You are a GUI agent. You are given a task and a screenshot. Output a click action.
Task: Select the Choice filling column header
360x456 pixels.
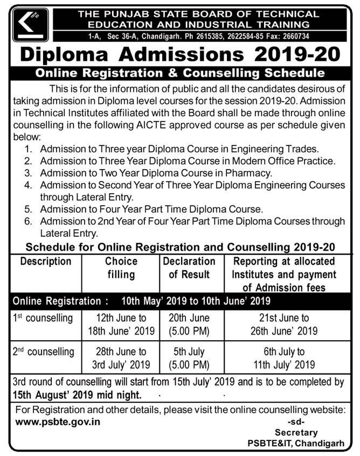(x=121, y=268)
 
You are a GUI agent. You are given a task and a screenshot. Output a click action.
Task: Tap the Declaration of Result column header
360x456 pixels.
(x=189, y=268)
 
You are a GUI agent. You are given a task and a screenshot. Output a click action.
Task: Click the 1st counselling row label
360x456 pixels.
(x=43, y=318)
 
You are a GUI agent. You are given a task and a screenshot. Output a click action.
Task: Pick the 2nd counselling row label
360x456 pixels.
(x=44, y=352)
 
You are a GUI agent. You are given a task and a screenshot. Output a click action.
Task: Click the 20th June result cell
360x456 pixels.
(x=189, y=324)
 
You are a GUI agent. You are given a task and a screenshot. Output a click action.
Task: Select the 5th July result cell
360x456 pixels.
(x=189, y=358)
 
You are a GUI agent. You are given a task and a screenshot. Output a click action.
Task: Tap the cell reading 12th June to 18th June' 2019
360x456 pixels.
(x=121, y=324)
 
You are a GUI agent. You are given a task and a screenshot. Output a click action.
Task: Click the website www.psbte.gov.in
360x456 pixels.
(x=58, y=421)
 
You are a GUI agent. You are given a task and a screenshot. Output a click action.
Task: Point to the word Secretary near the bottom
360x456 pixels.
(x=296, y=432)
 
